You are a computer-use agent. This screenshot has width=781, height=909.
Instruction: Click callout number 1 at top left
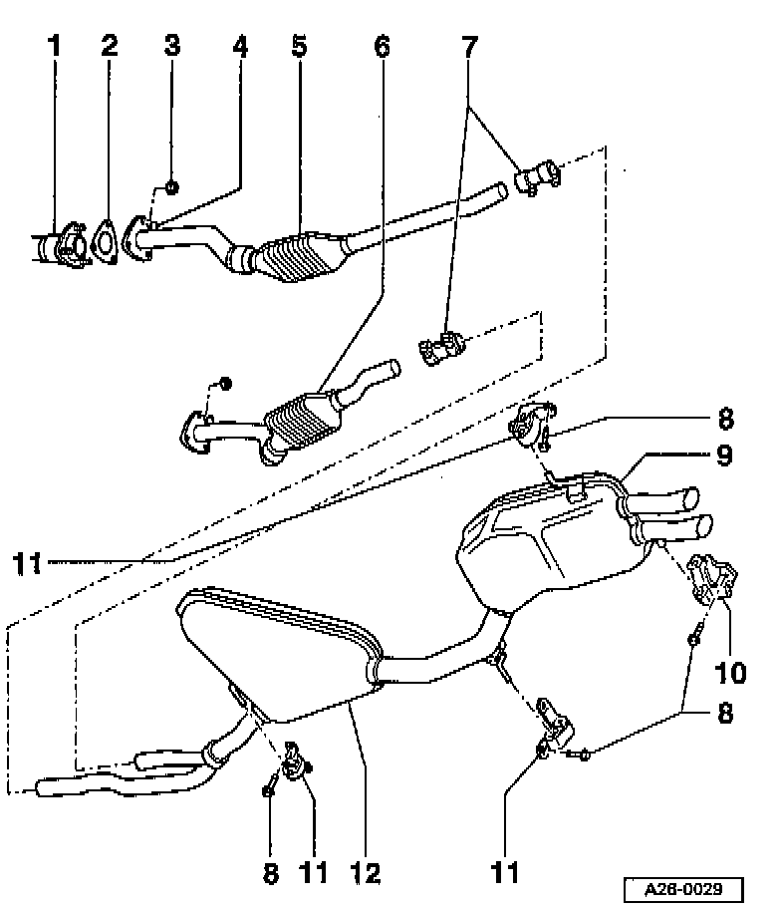(54, 46)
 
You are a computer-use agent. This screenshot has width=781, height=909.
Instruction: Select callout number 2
(109, 46)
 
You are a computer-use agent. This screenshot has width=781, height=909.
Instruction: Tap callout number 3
(172, 46)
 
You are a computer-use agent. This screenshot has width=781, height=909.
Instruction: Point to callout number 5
(299, 46)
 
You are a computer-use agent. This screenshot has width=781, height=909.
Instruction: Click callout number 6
(382, 46)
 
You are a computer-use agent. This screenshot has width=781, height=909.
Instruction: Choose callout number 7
(469, 46)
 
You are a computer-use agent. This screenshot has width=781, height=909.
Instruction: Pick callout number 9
(725, 455)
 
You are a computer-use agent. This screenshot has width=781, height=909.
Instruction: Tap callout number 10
(730, 673)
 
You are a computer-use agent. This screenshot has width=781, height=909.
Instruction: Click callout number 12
(366, 872)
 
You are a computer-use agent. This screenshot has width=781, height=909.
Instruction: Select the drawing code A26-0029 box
(683, 889)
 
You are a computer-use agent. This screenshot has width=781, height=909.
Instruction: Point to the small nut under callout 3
(171, 187)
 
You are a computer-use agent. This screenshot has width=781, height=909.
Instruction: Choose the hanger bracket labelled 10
(712, 579)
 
